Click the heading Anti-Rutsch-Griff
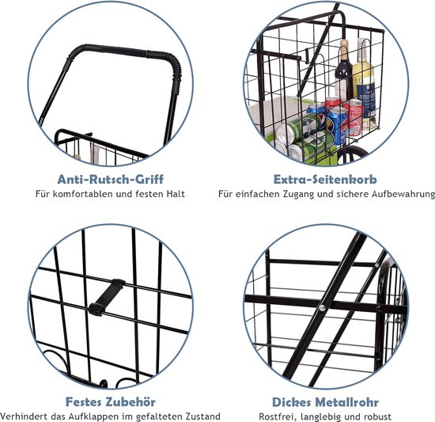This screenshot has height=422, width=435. point(111,180)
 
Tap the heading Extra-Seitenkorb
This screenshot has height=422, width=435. point(325,180)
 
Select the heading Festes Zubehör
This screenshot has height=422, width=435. point(111,401)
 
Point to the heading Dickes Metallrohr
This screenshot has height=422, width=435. point(325,402)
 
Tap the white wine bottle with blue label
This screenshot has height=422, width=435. point(364,83)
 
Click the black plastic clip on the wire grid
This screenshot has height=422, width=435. point(107,298)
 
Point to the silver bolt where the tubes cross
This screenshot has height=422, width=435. point(322,308)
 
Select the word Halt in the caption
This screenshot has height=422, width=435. point(176,194)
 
